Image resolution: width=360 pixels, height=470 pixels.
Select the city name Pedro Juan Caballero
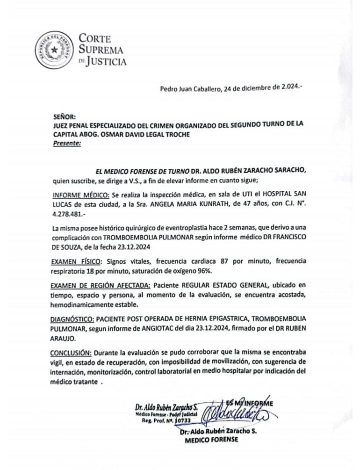pyautogui.click(x=191, y=89)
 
